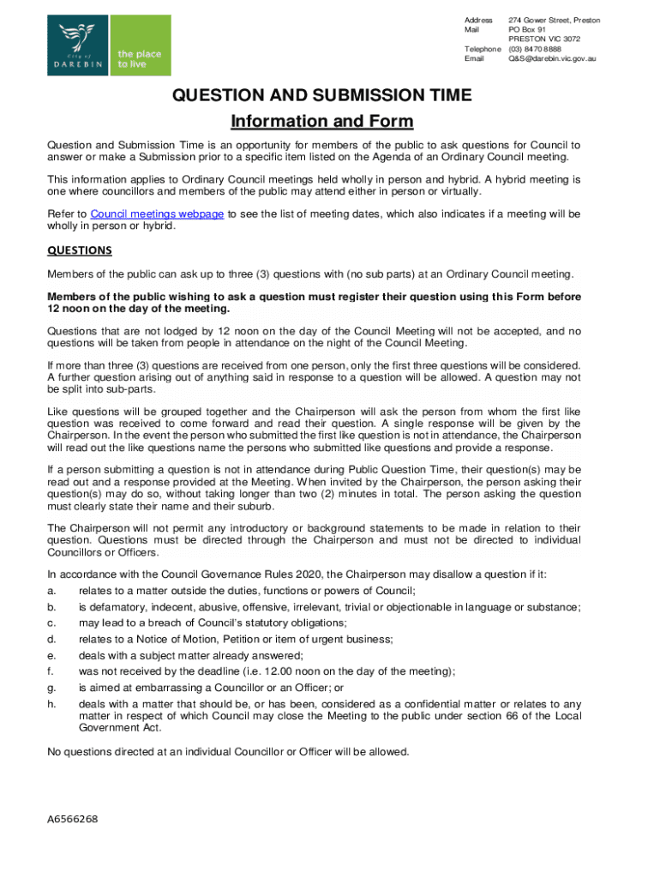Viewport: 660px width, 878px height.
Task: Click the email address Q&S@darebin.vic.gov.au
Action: tap(552, 59)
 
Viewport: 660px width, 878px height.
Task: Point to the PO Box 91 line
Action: tap(528, 29)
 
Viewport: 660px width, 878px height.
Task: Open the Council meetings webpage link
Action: tap(157, 213)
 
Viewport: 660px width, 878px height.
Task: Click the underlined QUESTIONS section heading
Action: tap(80, 250)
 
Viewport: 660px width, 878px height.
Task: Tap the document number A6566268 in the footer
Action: tap(73, 819)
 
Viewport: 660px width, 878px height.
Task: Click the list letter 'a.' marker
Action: tap(51, 592)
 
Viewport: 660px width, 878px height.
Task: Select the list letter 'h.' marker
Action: tap(51, 704)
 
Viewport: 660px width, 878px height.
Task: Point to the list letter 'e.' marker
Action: tap(51, 655)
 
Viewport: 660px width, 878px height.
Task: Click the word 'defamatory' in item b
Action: tap(119, 607)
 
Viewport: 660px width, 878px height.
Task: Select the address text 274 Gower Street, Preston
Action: tap(554, 20)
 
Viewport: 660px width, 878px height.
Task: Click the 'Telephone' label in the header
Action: tap(482, 50)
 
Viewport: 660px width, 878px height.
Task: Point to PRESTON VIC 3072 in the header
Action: tap(544, 39)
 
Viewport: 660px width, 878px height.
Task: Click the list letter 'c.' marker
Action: tap(51, 623)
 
